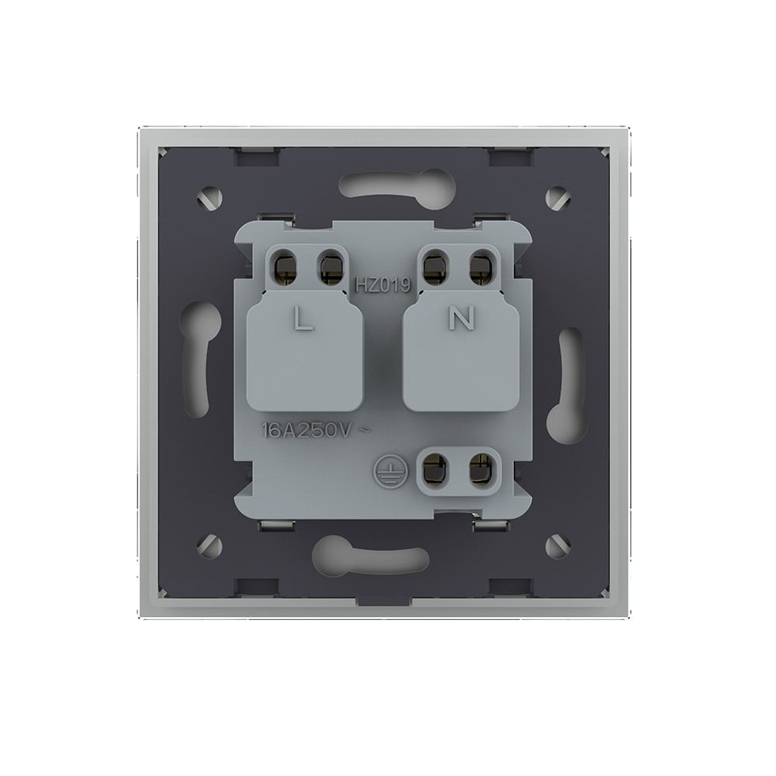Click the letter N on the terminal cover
click(461, 317)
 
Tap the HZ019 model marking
click(383, 285)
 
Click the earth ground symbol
click(386, 468)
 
